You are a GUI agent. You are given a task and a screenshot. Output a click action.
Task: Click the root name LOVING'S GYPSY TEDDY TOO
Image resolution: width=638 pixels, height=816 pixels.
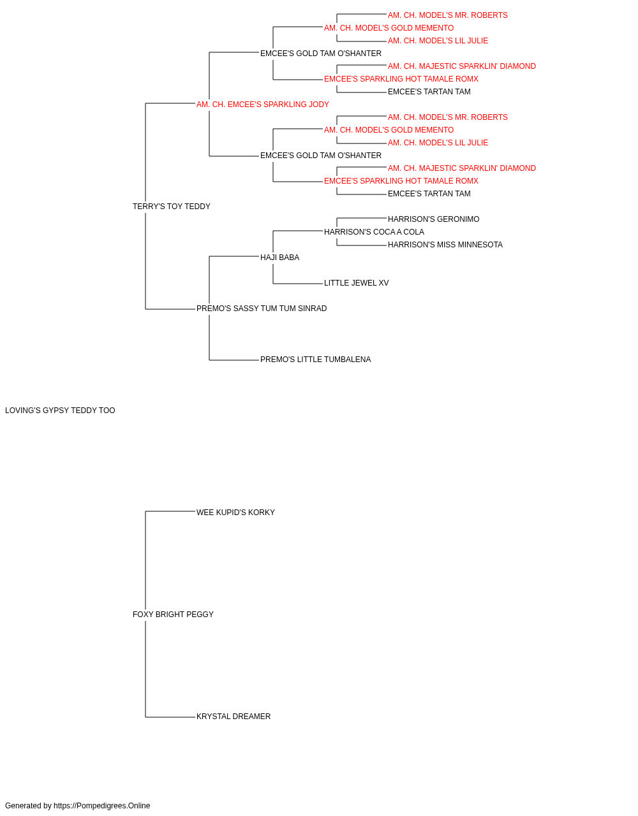60,411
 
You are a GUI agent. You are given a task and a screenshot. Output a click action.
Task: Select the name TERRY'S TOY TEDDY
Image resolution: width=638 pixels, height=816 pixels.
172,207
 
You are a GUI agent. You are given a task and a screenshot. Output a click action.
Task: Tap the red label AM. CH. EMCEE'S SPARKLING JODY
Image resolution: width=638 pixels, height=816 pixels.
263,105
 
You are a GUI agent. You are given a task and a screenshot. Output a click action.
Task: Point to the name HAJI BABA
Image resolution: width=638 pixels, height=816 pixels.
279,258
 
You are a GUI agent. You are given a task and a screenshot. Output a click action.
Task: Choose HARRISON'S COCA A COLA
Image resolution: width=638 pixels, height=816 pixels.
374,232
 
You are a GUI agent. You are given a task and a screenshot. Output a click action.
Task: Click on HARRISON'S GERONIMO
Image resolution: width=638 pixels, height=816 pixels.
433,219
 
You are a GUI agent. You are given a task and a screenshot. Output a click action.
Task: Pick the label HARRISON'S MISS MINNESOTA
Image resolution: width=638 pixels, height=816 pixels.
445,245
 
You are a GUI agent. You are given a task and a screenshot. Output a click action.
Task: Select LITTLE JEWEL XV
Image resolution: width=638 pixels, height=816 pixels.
356,283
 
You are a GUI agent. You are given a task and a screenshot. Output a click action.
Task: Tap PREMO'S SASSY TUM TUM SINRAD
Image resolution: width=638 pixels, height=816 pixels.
262,309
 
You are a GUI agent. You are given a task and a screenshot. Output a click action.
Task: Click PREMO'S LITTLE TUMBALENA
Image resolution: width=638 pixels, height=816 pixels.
315,360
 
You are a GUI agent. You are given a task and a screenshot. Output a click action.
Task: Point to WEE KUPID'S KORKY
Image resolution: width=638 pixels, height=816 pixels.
235,513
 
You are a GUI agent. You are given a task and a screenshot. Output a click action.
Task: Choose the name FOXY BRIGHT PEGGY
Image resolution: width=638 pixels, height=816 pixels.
173,615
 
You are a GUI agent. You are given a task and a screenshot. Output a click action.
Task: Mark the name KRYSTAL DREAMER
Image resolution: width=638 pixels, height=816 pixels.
234,717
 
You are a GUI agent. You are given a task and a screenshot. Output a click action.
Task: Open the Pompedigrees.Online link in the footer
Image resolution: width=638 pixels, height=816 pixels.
102,806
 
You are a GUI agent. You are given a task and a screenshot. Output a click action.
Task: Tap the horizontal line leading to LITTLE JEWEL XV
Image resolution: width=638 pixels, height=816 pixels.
297,284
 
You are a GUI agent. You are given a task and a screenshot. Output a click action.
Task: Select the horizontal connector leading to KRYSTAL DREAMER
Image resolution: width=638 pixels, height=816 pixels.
170,717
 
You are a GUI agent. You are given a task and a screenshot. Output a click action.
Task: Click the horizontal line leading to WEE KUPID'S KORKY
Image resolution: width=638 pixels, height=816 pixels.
170,511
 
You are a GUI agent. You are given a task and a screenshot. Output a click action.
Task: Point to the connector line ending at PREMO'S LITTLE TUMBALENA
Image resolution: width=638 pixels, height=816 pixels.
234,360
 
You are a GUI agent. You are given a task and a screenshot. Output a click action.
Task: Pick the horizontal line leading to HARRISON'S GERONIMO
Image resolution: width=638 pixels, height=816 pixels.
362,218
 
